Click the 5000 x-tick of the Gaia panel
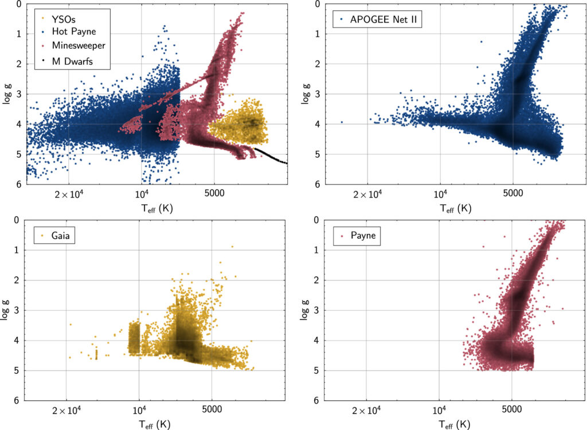pyautogui.click(x=212, y=410)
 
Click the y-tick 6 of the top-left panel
pyautogui.click(x=19, y=184)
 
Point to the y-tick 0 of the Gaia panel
pyautogui.click(x=19, y=220)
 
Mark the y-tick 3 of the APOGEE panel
pyautogui.click(x=319, y=94)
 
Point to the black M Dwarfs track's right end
pyautogui.click(x=286, y=163)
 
